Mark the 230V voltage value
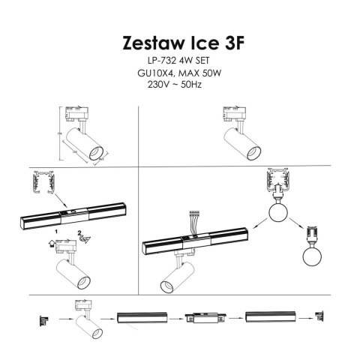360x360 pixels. (160, 85)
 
